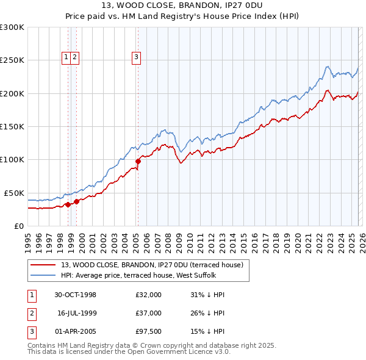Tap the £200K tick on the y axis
click(12, 93)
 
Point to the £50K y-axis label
click(14, 193)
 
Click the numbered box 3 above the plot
click(136, 57)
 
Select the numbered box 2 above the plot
click(74, 57)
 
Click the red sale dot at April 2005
click(138, 161)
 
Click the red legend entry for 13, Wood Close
click(152, 265)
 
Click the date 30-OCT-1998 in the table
click(75, 295)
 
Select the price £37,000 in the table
click(148, 313)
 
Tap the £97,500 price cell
click(148, 331)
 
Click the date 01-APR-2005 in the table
click(75, 331)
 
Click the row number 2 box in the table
click(30, 313)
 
